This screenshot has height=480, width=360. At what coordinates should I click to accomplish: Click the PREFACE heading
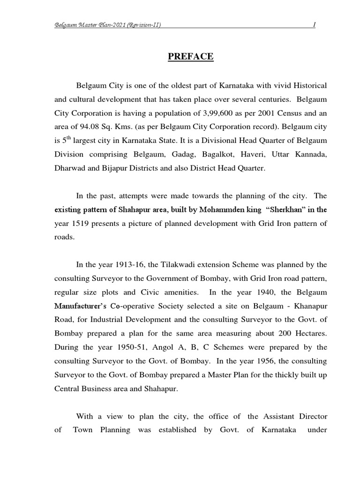[x=190, y=57]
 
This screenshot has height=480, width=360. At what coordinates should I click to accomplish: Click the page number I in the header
[x=314, y=25]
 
